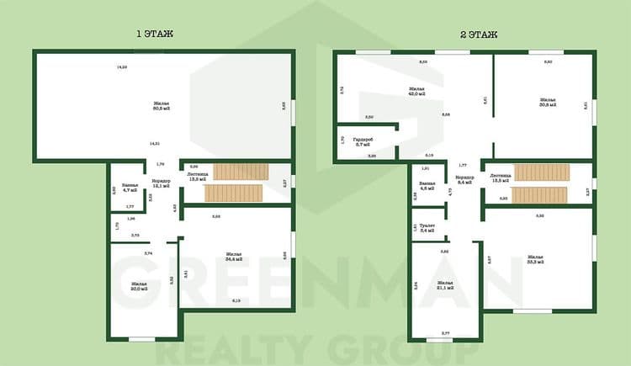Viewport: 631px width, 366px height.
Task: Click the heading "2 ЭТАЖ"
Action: click(478, 34)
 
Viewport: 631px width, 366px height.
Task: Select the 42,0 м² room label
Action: click(416, 93)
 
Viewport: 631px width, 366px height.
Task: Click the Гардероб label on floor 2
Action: click(363, 141)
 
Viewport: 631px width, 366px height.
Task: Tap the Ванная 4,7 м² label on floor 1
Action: click(130, 188)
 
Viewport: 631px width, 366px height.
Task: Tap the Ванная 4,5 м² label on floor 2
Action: click(427, 186)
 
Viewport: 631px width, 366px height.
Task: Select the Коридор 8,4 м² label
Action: click(464, 180)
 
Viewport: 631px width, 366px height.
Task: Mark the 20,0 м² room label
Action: click(139, 286)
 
